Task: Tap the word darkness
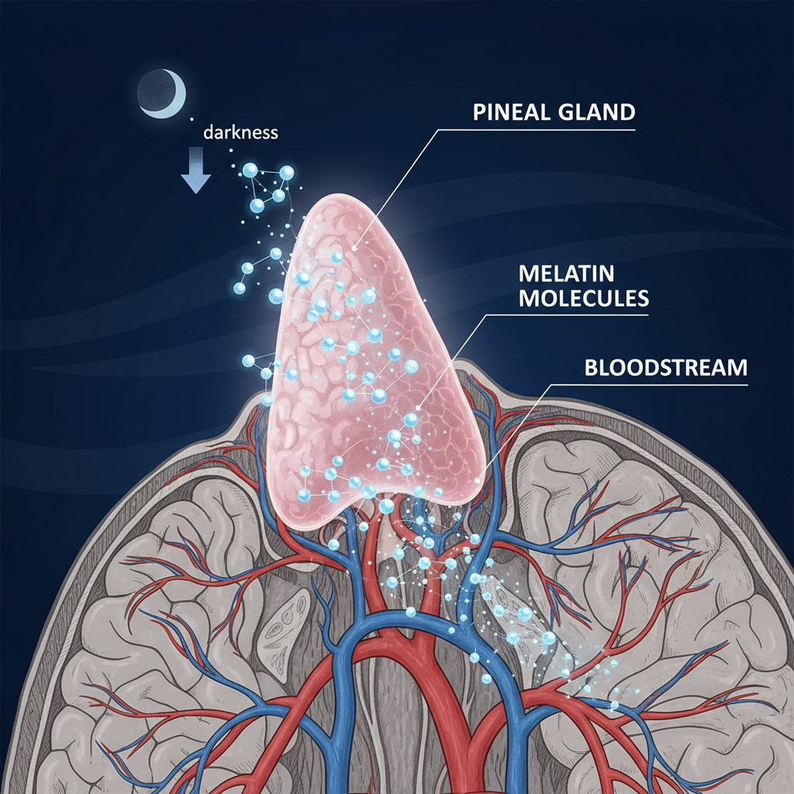pos(240,132)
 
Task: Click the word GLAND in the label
pos(595,112)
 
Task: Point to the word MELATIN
pos(566,274)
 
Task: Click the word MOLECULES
pos(583,299)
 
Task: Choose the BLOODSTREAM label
pos(665,367)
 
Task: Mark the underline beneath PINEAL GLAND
pos(543,129)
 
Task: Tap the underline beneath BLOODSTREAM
pos(651,384)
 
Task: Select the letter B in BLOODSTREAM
pos(590,367)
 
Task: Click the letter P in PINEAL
pos(479,112)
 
